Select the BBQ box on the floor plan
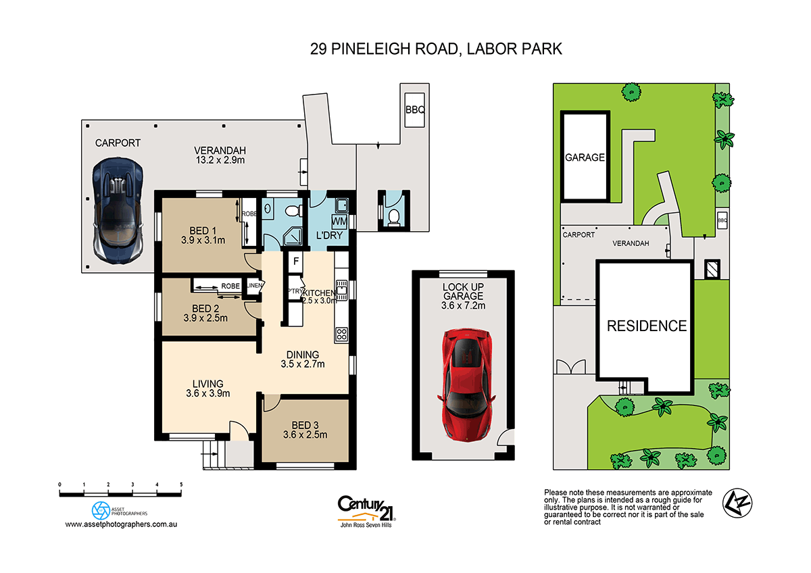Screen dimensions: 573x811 (414, 109)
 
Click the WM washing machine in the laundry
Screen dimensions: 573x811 (340, 222)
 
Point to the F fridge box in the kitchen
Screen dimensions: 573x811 (295, 261)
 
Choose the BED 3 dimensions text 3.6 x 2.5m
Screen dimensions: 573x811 (305, 434)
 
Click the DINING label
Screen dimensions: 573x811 (303, 354)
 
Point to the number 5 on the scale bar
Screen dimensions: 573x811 (181, 484)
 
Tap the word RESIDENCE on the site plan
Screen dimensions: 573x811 (646, 326)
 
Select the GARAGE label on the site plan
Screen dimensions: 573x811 (585, 157)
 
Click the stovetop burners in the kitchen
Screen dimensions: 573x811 (341, 334)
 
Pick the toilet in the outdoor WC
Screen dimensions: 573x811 (393, 216)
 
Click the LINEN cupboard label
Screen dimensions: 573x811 (254, 286)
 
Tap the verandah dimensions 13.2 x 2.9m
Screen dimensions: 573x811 (219, 160)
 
